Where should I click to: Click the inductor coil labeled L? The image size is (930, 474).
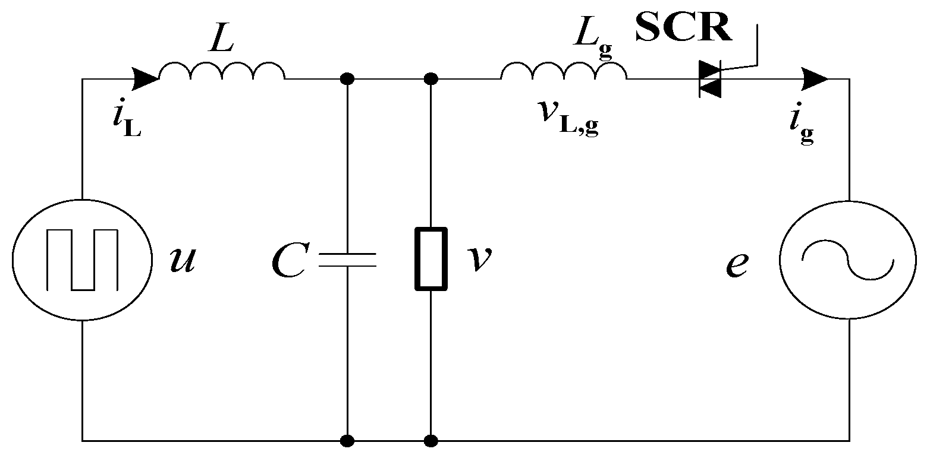(221, 71)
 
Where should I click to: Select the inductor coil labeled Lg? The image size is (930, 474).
(563, 71)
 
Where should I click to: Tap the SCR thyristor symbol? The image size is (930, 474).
(710, 79)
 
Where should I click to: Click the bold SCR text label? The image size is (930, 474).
(683, 27)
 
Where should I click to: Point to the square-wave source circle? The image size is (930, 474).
(81, 260)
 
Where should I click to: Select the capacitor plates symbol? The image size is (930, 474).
(347, 260)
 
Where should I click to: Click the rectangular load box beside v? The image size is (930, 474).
(431, 259)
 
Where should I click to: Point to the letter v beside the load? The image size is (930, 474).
(480, 259)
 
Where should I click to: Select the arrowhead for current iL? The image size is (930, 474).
(145, 78)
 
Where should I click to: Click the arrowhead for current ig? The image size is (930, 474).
(814, 78)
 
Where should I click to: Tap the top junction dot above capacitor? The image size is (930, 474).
(347, 78)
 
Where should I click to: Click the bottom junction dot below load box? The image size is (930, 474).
(431, 441)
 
